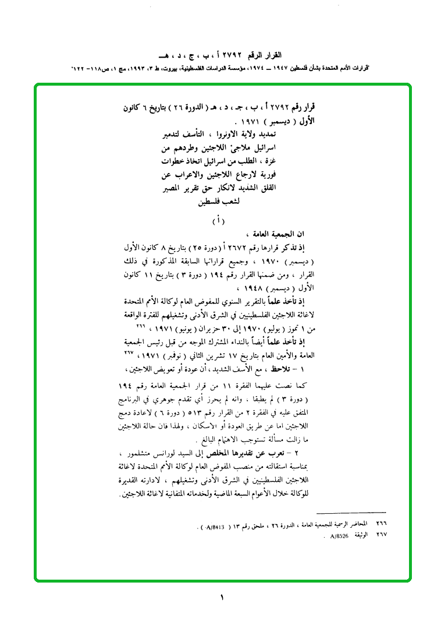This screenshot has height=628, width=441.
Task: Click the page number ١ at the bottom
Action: (x=222, y=597)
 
